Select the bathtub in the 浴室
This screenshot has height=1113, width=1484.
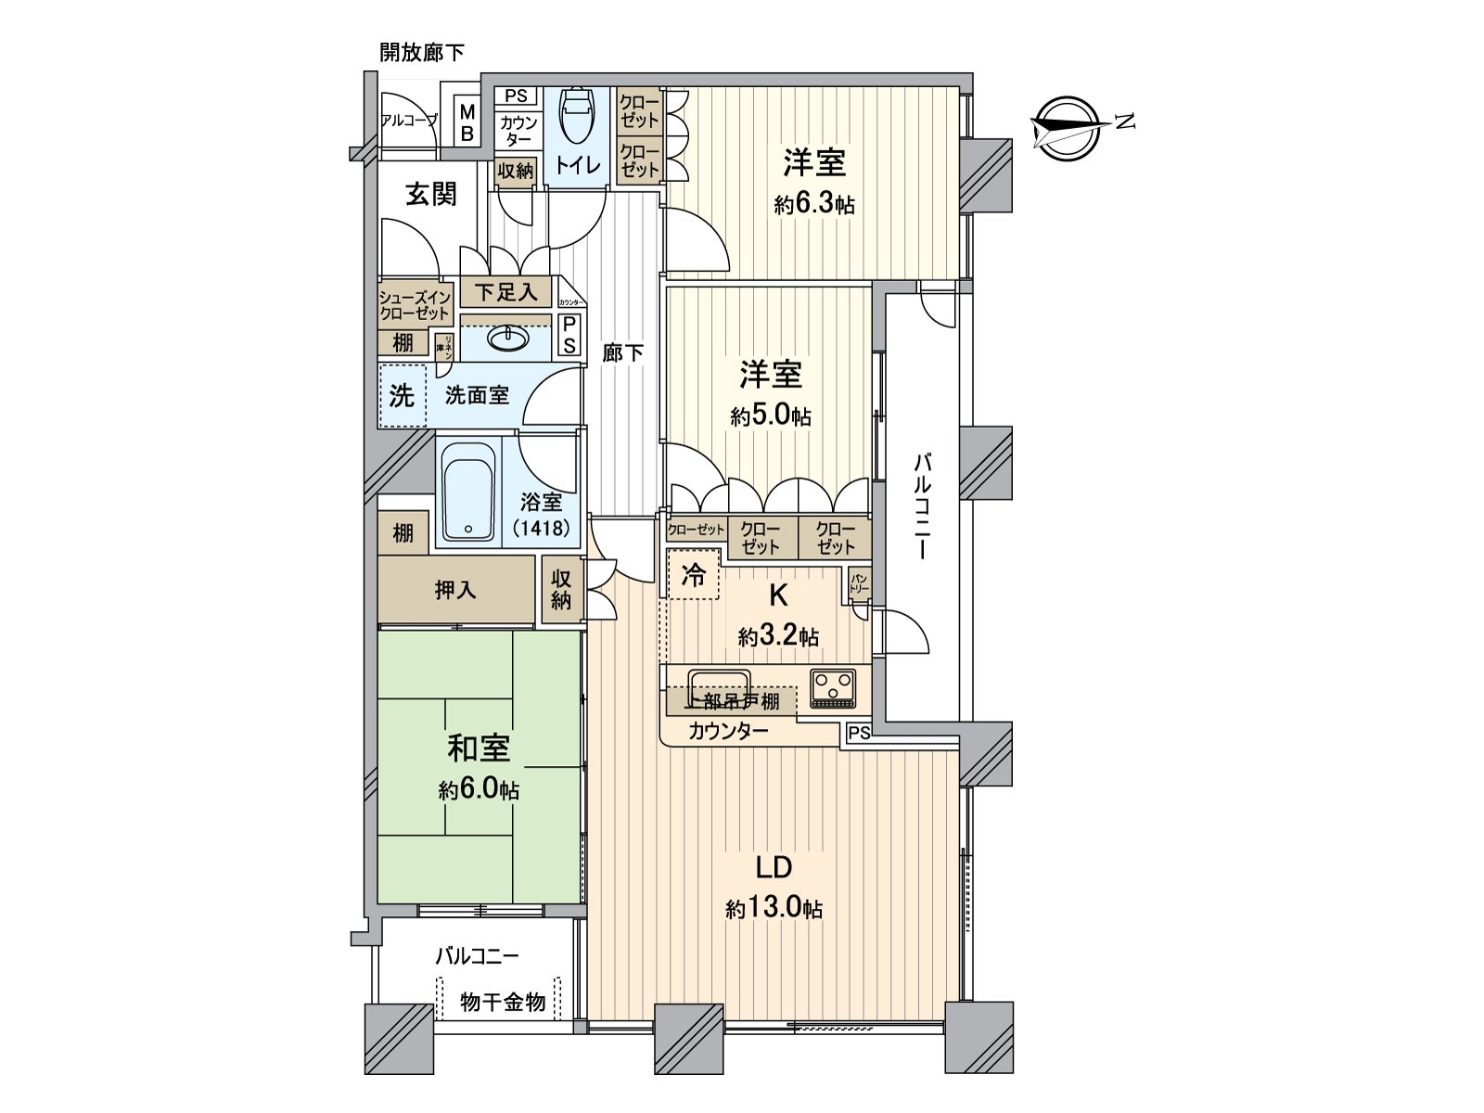point(467,492)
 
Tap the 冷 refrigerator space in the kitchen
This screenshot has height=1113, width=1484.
point(693,577)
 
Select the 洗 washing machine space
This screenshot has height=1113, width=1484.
point(402,396)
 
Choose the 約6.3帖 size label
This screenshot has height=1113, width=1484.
point(814,204)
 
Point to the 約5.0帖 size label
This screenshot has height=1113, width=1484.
point(770,416)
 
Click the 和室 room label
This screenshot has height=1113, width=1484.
point(479,748)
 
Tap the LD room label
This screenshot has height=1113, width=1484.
point(773,867)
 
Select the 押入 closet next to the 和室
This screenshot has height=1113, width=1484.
point(455,590)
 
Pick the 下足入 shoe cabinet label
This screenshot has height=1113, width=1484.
point(505,292)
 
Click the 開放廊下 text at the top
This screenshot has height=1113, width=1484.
point(422,53)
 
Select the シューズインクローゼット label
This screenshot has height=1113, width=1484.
point(415,305)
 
